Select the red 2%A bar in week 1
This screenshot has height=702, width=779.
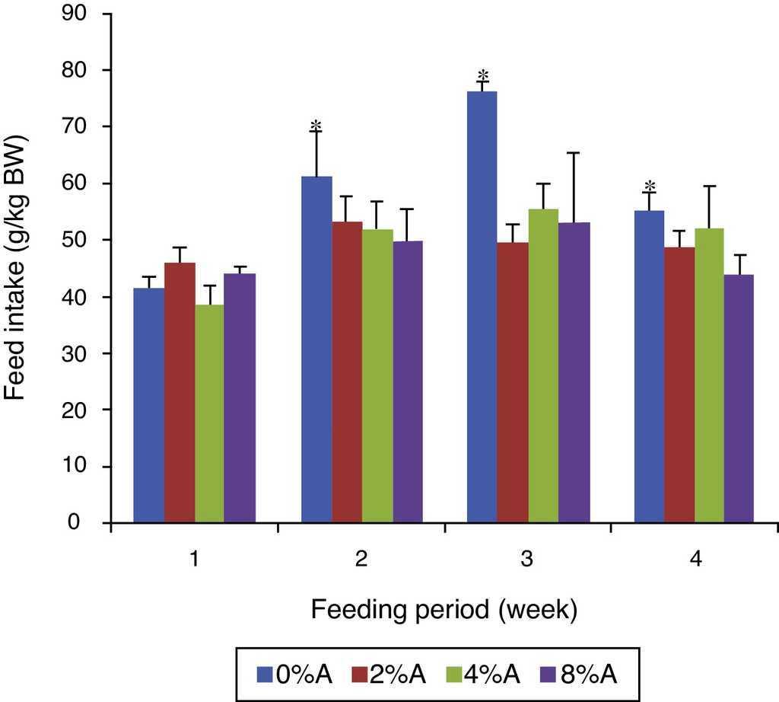pos(180,393)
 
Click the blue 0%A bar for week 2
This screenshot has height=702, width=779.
pos(316,350)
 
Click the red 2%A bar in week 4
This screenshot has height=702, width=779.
pos(679,385)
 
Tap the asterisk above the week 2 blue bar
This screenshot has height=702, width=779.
pos(316,126)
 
